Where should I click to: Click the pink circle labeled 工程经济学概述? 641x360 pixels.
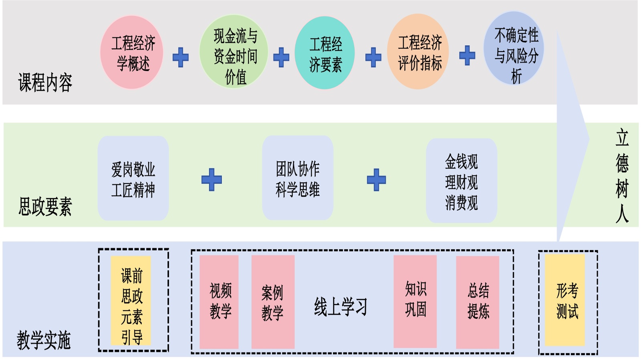point(132,52)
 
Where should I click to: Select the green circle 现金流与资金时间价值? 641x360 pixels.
point(234,52)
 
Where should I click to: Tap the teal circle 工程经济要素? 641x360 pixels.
point(325,53)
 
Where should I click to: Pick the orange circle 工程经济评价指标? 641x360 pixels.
point(418,52)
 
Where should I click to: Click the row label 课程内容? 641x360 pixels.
point(45,83)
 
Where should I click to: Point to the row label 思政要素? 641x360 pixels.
point(45,207)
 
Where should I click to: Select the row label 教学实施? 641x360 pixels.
point(44,340)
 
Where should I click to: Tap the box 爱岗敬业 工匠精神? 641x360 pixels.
point(133,179)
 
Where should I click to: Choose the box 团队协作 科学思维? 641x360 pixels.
point(298,178)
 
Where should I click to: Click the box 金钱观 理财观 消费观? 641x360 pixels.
point(462,181)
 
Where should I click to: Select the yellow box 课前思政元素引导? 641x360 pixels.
point(131,300)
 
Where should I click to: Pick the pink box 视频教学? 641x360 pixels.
point(219,302)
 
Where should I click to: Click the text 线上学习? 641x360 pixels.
point(341,307)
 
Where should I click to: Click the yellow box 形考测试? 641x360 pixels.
point(565,300)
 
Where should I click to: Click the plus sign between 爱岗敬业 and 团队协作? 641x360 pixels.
point(212,179)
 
